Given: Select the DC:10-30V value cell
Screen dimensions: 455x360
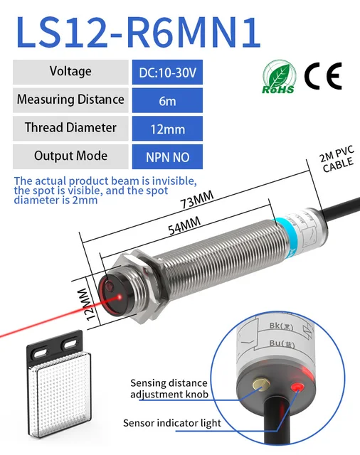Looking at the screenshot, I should [167, 72].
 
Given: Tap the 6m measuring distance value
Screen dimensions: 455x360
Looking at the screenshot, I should [167, 100].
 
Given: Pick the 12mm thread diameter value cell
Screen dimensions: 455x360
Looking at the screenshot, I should [167, 129].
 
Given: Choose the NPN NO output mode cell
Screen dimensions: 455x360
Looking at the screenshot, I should [167, 156].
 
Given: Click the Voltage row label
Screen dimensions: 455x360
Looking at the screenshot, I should [70, 71].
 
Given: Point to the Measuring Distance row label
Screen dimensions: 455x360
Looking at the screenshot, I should [70, 100].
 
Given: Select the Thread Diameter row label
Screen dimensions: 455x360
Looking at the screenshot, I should [70, 128].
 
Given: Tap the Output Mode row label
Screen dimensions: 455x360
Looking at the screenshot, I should [70, 156].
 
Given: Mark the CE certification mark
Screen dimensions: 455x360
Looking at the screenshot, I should [323, 75].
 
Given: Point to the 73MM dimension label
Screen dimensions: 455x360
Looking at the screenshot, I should [198, 201].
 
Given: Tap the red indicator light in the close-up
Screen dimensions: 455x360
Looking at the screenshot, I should [297, 387].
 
